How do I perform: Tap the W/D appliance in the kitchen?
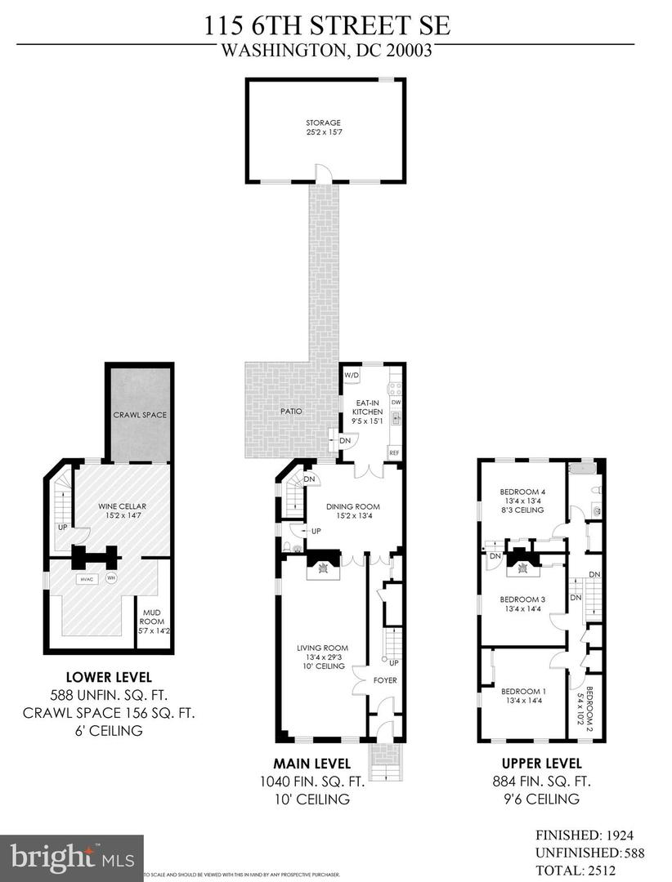click(x=352, y=375)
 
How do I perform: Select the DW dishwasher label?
click(x=395, y=403)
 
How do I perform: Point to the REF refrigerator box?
click(x=394, y=452)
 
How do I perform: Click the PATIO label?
click(x=292, y=412)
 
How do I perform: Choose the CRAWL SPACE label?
click(x=139, y=415)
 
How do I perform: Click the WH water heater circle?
click(x=112, y=579)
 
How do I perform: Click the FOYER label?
click(x=384, y=679)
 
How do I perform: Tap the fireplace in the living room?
click(x=325, y=568)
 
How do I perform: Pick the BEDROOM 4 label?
click(x=522, y=491)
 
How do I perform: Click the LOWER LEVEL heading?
click(x=109, y=677)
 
